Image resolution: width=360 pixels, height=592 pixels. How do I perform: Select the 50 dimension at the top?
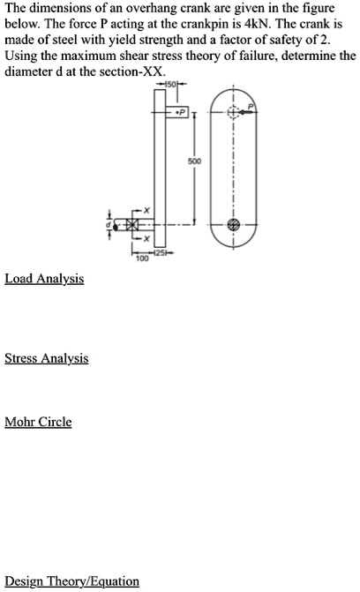[x=171, y=84]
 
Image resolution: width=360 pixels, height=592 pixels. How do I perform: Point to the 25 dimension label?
[x=161, y=253]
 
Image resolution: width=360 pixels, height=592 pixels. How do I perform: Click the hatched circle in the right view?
[x=233, y=225]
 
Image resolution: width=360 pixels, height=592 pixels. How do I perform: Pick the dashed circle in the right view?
[x=233, y=113]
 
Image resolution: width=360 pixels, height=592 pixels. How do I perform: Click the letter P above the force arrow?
[x=250, y=103]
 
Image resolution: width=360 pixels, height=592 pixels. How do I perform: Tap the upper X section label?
[x=148, y=208]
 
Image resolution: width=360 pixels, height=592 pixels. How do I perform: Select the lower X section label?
[x=148, y=240]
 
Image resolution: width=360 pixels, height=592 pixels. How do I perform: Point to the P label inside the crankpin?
[x=179, y=113]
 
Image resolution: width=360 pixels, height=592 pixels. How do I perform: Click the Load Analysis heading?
[x=44, y=279]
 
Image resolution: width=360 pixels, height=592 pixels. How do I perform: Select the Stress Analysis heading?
[x=47, y=359]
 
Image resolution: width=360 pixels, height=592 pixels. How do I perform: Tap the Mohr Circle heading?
[x=38, y=422]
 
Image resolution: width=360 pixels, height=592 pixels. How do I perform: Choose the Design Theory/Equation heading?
[x=72, y=581]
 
